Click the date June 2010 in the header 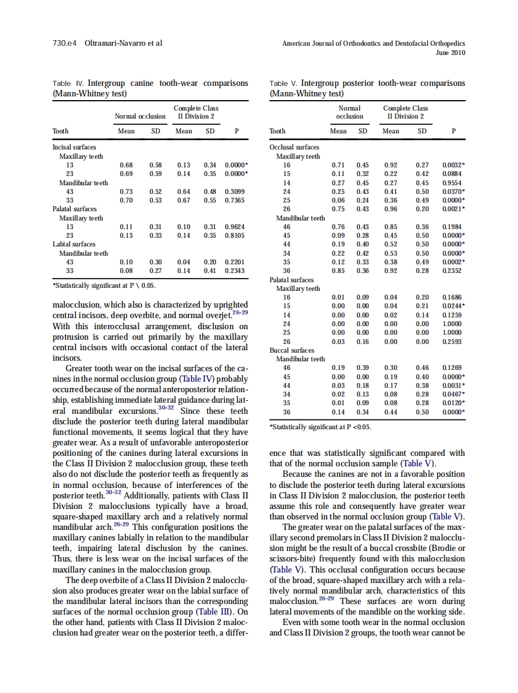450,53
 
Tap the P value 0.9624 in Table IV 235,227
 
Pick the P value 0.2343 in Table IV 235,270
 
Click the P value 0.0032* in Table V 454,166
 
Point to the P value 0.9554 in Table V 453,183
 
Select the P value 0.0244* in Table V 454,306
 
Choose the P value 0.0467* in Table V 454,394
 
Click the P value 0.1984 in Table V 453,227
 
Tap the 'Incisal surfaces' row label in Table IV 74,147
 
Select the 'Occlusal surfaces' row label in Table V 294,147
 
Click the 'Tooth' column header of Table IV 61,131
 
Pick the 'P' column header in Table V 454,131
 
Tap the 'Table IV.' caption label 69,83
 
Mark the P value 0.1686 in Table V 453,297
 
